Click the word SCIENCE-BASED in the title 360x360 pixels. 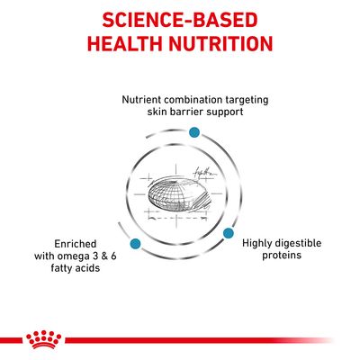pos(180,20)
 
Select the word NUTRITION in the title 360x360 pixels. pos(225,44)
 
